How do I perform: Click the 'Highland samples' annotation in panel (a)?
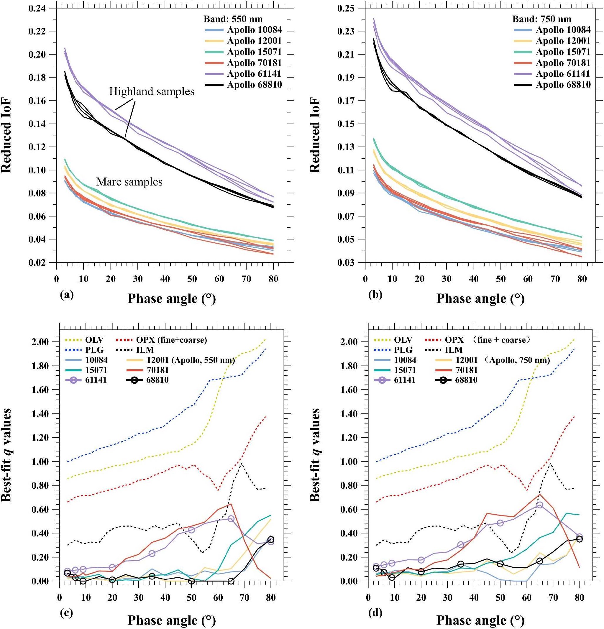click(152, 91)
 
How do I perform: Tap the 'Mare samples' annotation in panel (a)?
click(129, 182)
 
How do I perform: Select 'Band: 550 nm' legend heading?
click(233, 19)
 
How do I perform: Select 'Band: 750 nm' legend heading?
click(542, 19)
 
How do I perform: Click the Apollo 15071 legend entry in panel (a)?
click(254, 52)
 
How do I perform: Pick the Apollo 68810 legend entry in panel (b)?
click(563, 85)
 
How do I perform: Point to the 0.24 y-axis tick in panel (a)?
click(37, 8)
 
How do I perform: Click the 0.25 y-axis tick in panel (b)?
click(346, 8)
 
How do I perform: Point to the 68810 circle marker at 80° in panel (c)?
click(271, 539)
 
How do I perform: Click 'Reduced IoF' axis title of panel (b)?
click(315, 136)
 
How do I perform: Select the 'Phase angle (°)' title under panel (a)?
click(172, 299)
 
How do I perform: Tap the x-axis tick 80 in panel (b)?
click(582, 279)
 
